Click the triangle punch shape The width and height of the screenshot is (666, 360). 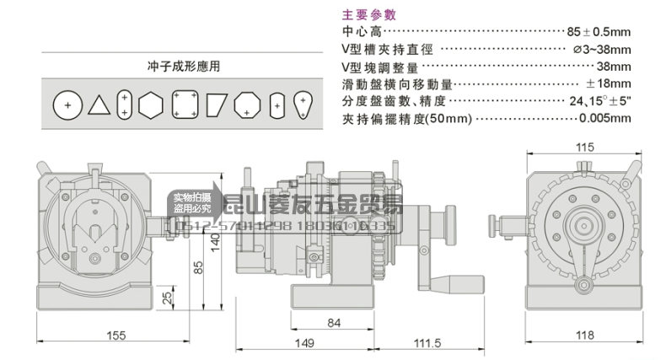99,105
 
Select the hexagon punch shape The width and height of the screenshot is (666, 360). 151,105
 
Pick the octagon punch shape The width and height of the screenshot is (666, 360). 246,105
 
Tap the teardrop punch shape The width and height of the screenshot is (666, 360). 302,105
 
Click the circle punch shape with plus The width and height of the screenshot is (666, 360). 67,105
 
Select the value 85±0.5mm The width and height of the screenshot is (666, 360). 599,31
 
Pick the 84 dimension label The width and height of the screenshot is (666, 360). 333,321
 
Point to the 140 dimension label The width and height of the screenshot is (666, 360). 215,243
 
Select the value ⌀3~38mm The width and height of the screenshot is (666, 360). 601,49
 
